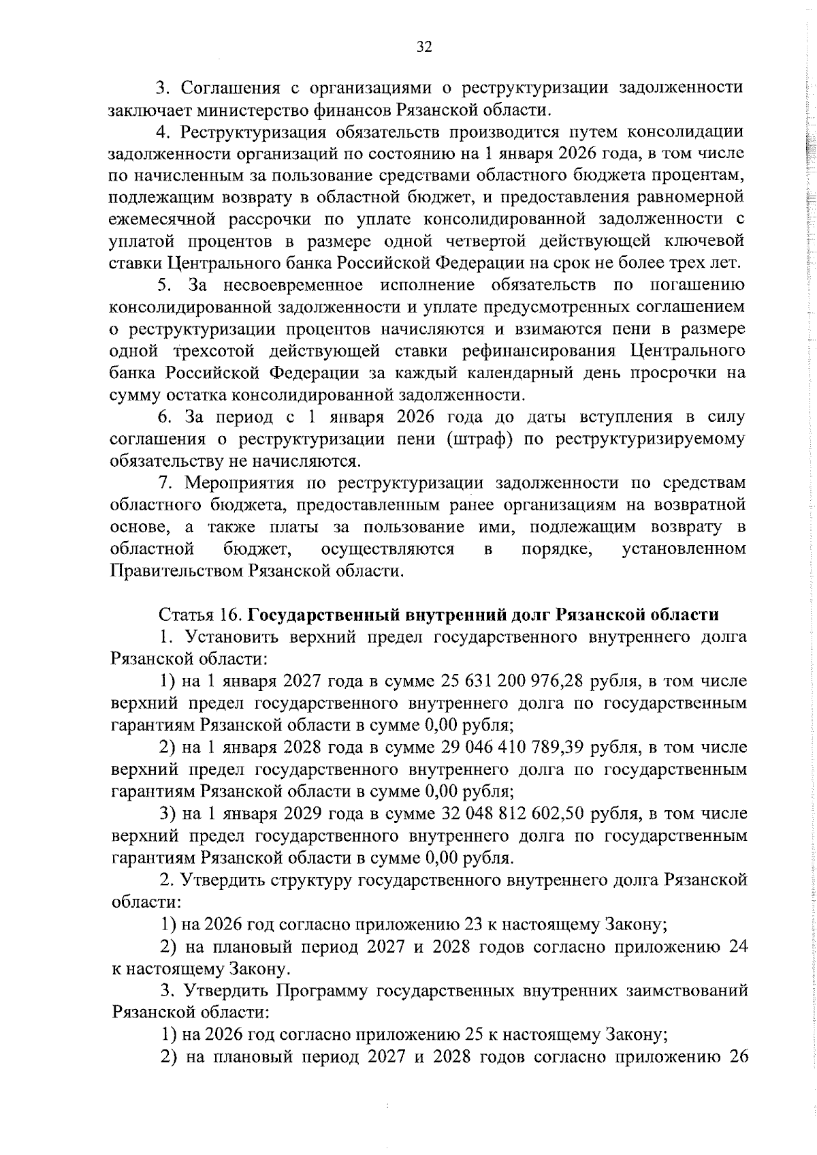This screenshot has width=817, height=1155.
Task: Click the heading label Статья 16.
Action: (200, 615)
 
